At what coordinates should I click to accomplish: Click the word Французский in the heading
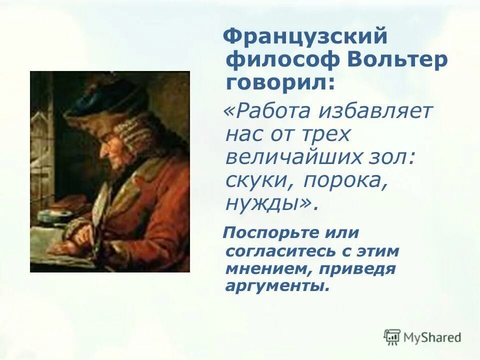305,37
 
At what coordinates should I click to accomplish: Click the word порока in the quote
344,180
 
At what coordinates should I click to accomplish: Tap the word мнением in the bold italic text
265,268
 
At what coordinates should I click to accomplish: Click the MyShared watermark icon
392,337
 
